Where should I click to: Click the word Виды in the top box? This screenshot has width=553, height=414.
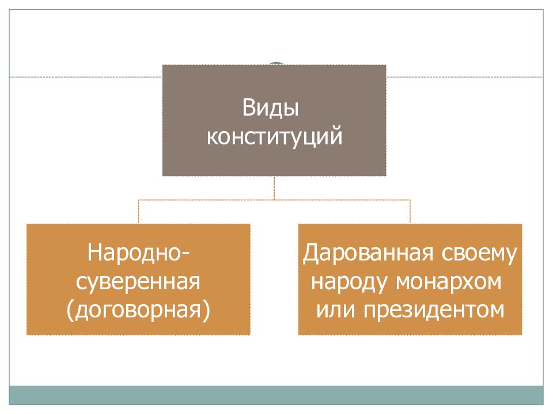click(271, 108)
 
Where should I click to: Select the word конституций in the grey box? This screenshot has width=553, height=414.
click(274, 137)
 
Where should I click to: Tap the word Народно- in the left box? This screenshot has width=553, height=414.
click(138, 252)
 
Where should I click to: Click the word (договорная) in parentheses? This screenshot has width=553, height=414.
click(138, 310)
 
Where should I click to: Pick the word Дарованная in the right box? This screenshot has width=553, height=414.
click(368, 254)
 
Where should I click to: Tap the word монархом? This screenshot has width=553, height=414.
click(449, 282)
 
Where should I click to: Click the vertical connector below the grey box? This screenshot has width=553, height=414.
click(274, 188)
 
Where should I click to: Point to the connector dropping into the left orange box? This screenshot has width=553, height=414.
click(139, 212)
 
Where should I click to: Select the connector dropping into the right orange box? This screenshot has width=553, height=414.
click(410, 212)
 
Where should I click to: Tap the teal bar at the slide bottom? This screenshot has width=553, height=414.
click(276, 395)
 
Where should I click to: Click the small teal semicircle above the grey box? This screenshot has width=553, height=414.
click(275, 63)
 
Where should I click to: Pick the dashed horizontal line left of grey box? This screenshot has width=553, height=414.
click(86, 76)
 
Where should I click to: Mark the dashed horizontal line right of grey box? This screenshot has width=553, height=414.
click(465, 76)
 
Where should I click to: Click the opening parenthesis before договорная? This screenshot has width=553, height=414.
click(70, 311)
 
